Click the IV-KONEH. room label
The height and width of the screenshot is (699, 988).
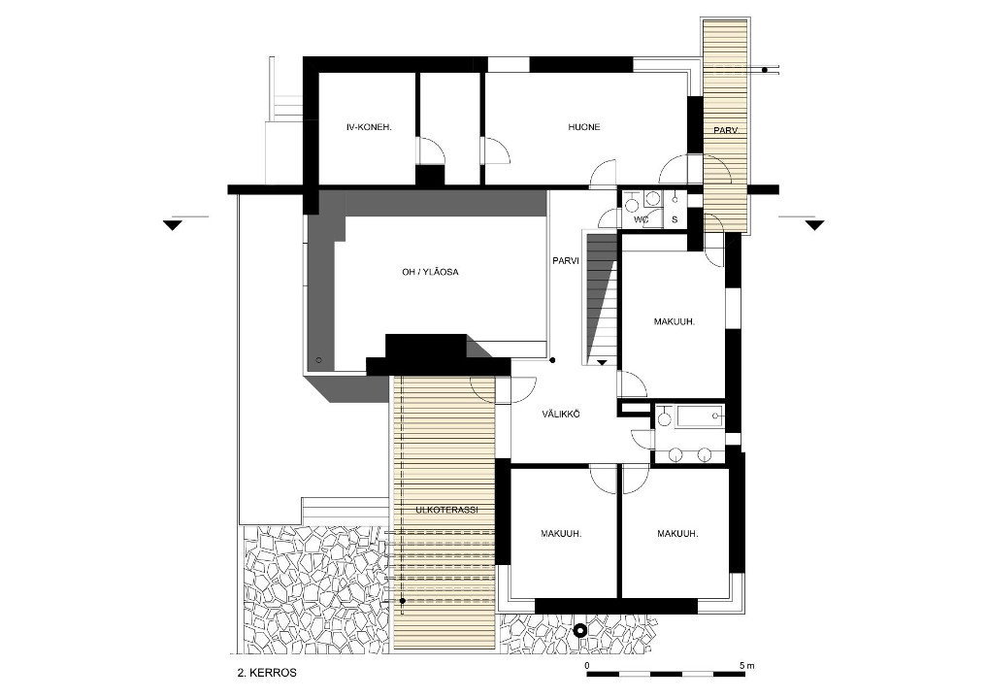point(369,127)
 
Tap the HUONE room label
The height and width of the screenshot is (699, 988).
point(584,127)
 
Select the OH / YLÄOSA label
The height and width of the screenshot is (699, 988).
point(430,272)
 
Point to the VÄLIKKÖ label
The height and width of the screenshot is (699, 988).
point(561,415)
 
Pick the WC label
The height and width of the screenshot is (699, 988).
point(642,220)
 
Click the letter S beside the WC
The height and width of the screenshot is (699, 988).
point(675,220)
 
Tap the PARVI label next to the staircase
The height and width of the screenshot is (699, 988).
point(566,261)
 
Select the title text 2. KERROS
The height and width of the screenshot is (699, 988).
point(267,673)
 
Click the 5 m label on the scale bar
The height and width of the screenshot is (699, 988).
point(747,666)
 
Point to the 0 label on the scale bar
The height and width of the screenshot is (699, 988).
point(587,666)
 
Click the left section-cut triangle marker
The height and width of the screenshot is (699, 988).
point(172,225)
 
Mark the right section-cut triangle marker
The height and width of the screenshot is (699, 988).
point(814,225)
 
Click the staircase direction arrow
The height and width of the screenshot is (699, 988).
point(602,362)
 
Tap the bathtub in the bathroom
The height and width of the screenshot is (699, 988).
point(701,417)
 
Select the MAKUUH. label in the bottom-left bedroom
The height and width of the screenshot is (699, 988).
point(561,534)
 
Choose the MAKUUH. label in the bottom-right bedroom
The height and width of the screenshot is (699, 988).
point(677,534)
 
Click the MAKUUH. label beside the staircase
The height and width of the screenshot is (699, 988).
point(675,322)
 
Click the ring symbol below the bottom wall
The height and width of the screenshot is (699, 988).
point(580,630)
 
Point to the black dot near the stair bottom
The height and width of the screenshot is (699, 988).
point(552,361)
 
